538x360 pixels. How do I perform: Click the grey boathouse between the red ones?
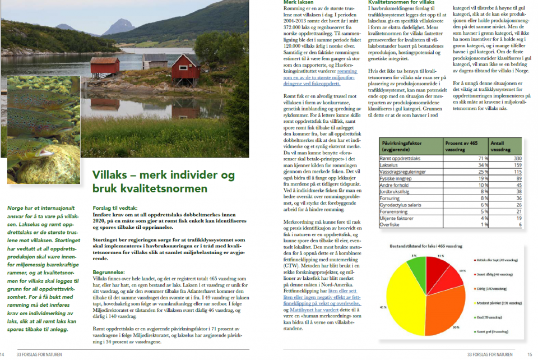tap(155, 61)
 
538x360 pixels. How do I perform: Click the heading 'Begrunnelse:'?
tap(112, 271)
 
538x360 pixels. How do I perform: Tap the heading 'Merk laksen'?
tap(299, 3)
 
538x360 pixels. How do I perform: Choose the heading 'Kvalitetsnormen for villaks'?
tap(401, 3)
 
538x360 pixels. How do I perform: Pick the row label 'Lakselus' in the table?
tap(391, 165)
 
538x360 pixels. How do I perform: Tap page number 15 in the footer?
tap(530, 354)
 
